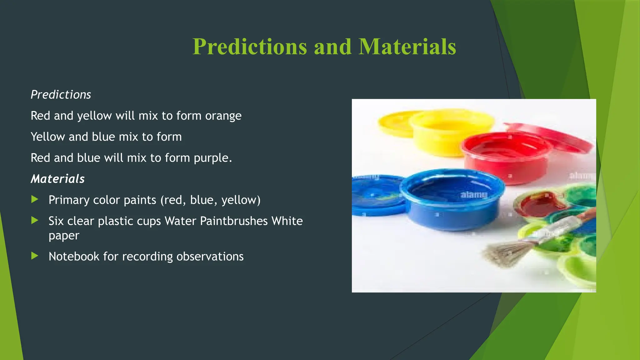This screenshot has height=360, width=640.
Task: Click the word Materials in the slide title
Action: (407, 47)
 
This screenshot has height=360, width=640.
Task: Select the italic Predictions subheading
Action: (61, 95)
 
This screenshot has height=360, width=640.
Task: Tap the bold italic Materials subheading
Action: (57, 179)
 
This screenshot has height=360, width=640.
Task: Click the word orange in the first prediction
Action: (223, 116)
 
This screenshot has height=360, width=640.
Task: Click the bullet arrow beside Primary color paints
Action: (35, 199)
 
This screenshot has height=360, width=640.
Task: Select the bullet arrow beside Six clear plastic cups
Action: (35, 221)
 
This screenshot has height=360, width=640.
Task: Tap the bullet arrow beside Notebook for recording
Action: (35, 256)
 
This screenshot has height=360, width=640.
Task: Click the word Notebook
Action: (74, 257)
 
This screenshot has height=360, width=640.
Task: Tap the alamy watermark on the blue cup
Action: (474, 195)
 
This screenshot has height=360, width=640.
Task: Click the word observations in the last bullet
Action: (210, 257)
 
